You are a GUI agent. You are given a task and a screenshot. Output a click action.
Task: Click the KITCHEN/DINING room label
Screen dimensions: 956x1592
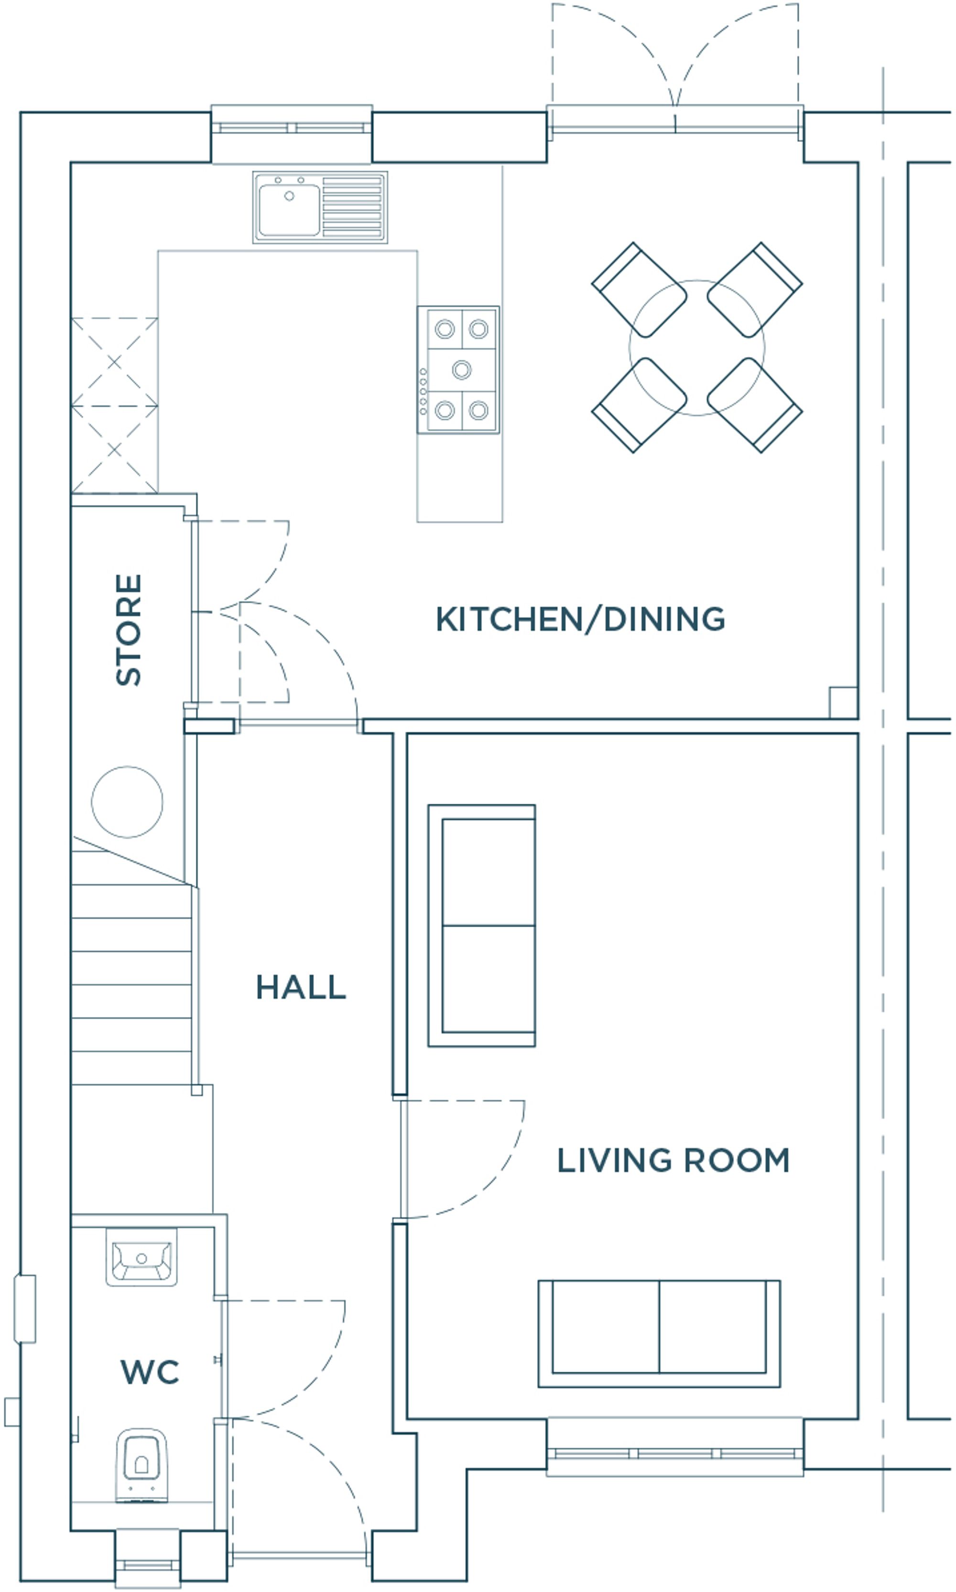click(580, 619)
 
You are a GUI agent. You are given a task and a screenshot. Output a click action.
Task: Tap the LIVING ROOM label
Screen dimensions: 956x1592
click(673, 1160)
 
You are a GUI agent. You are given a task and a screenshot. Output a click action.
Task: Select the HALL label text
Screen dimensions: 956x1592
click(301, 987)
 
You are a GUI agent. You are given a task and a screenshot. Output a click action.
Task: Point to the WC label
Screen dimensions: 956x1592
click(150, 1372)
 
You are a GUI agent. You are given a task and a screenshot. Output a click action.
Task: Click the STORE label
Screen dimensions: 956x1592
click(128, 630)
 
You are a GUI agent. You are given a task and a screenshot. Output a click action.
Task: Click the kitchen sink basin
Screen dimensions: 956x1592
click(289, 209)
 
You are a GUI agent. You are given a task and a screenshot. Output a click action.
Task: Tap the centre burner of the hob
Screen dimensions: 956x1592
click(461, 369)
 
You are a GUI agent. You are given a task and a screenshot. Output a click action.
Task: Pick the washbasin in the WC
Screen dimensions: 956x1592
click(141, 1256)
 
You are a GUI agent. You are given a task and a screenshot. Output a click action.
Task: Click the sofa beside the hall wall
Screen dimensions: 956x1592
click(482, 925)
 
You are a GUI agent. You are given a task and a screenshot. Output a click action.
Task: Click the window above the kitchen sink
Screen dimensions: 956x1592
click(292, 129)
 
